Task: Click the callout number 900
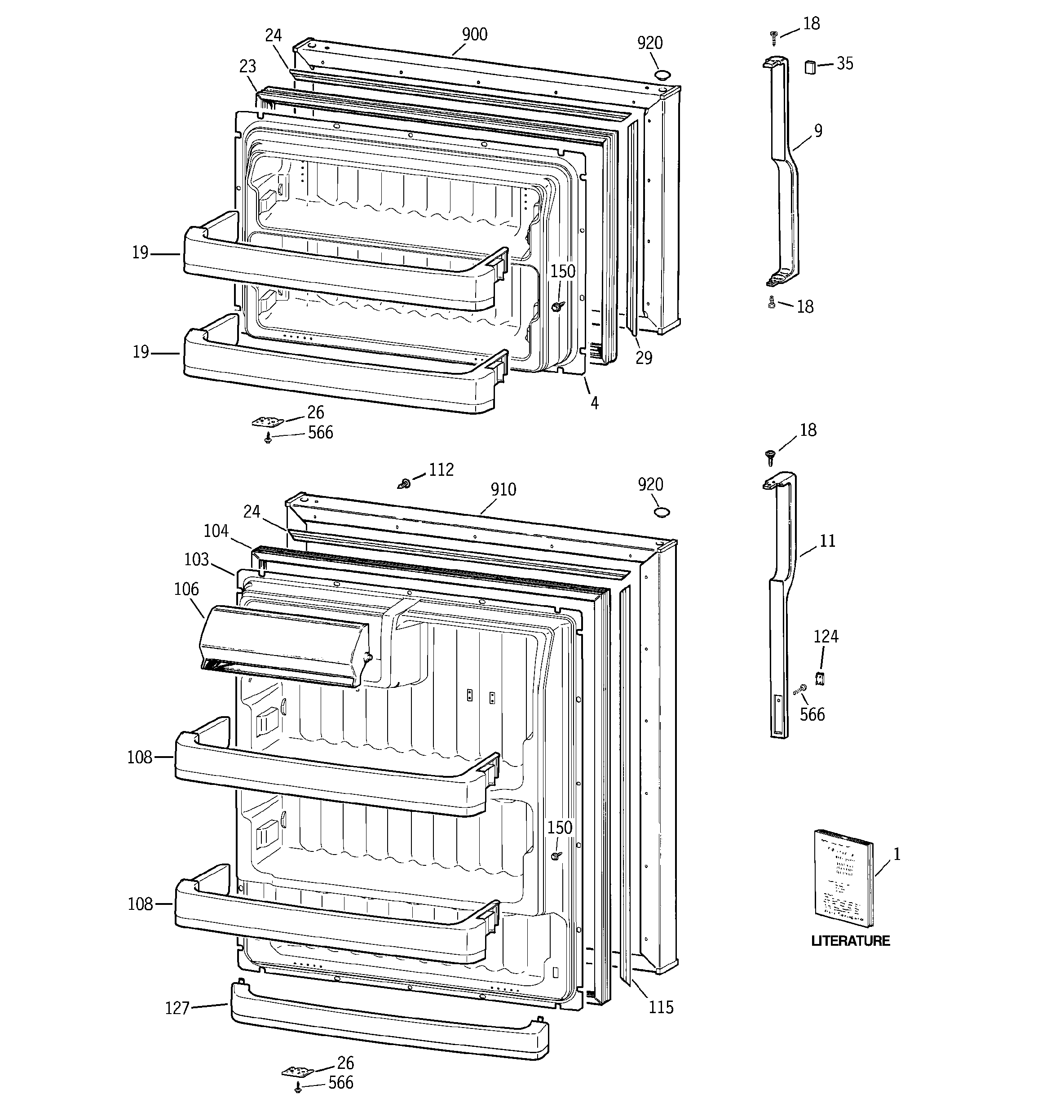[x=474, y=35]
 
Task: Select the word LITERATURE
[x=850, y=941]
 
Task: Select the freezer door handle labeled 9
[x=783, y=168]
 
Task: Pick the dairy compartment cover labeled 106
[x=285, y=643]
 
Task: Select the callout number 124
[x=826, y=637]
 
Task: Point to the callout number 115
[x=661, y=1007]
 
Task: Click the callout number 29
[x=644, y=358]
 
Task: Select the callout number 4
[x=594, y=403]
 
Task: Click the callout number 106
[x=186, y=589]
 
